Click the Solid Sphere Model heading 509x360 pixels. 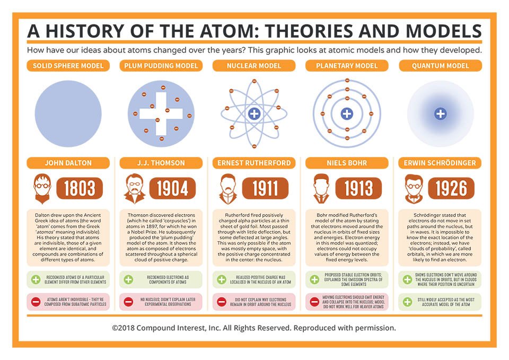point(68,66)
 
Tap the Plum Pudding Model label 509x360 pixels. point(161,66)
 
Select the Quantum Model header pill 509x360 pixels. point(440,66)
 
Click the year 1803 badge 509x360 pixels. point(80,188)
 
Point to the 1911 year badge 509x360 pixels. point(265,188)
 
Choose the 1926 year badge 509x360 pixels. point(451,188)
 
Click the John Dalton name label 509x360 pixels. point(68,163)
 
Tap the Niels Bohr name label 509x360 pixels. point(347,163)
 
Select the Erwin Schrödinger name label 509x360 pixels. point(440,163)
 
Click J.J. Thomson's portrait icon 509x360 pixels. point(135,189)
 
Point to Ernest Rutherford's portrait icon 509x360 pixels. point(228,189)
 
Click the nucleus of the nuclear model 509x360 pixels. point(254,113)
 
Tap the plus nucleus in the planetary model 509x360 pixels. point(347,113)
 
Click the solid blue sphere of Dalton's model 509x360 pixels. point(68,113)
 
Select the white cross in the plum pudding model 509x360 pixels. point(161,113)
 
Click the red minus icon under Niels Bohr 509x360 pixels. point(314,302)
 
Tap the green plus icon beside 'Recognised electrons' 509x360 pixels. point(128,279)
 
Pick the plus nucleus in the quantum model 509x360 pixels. point(440,113)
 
